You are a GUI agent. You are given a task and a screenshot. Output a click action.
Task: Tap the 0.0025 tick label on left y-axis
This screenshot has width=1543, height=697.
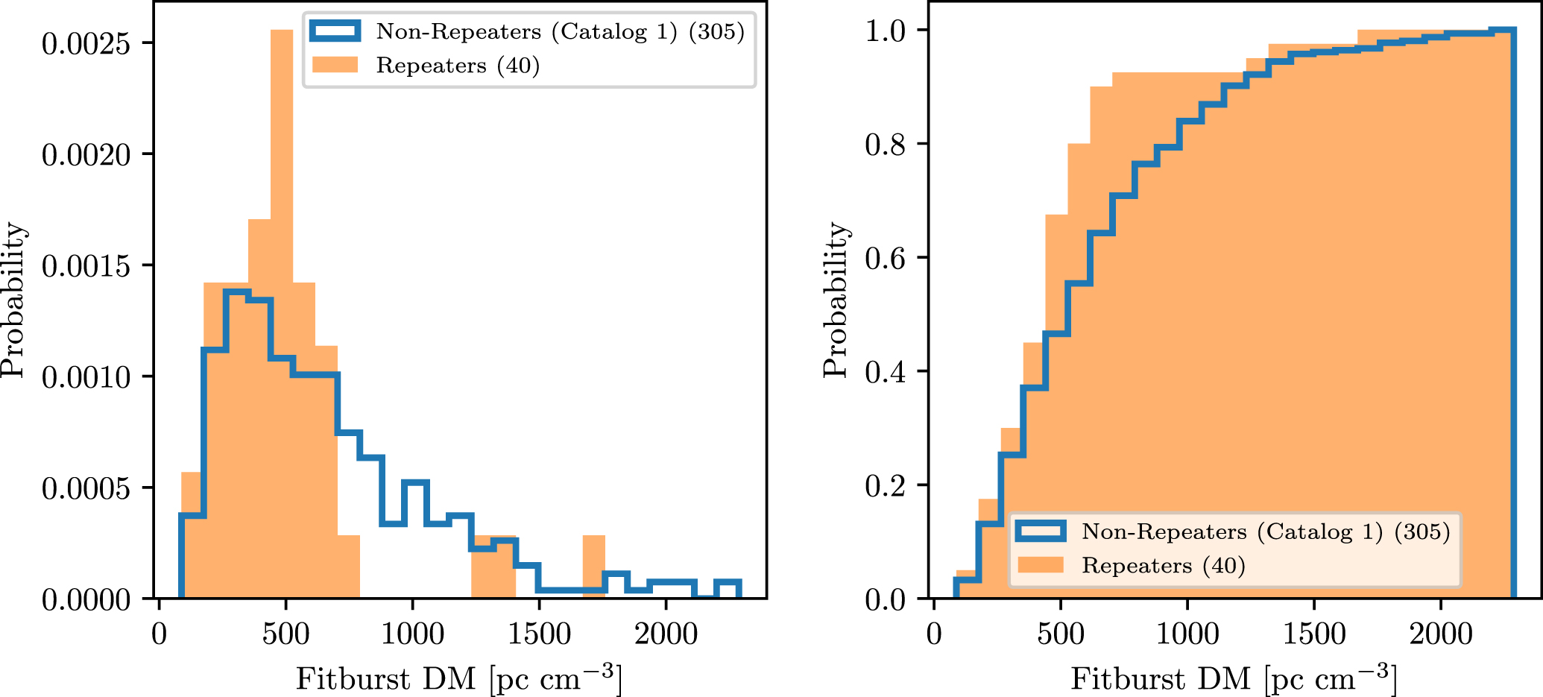click(86, 44)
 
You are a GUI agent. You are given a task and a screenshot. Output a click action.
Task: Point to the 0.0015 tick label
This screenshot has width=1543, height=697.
click(86, 266)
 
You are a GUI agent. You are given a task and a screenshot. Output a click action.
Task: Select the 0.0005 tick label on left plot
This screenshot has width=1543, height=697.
click(86, 489)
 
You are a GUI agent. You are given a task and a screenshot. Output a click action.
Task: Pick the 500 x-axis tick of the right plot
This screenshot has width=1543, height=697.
click(1060, 634)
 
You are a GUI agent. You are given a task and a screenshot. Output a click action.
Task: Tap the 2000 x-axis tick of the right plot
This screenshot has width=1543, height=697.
click(1440, 634)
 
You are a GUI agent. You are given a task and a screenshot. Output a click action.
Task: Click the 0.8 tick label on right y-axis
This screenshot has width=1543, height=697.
click(885, 144)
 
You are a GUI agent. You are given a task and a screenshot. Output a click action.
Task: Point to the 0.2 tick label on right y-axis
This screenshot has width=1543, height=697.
click(885, 486)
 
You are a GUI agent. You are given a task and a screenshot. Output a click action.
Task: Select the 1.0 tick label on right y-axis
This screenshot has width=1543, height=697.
click(885, 31)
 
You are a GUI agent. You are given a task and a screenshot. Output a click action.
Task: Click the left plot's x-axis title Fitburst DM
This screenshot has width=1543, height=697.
click(458, 678)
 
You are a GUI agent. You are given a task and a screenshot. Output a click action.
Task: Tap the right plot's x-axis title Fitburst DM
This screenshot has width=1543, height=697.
click(1234, 678)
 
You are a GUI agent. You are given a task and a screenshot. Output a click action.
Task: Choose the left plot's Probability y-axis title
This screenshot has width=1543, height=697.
click(13, 300)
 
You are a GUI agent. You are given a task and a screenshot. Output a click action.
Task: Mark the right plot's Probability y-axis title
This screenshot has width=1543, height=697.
click(836, 300)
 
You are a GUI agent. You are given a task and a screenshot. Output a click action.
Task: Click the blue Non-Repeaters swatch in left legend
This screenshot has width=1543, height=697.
click(335, 31)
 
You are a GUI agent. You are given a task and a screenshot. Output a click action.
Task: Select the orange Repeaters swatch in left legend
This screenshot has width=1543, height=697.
click(335, 65)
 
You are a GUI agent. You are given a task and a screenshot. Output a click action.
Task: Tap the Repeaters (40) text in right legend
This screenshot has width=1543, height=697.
click(1164, 566)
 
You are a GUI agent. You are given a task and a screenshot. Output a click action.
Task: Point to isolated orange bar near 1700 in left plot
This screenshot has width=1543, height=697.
click(594, 567)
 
